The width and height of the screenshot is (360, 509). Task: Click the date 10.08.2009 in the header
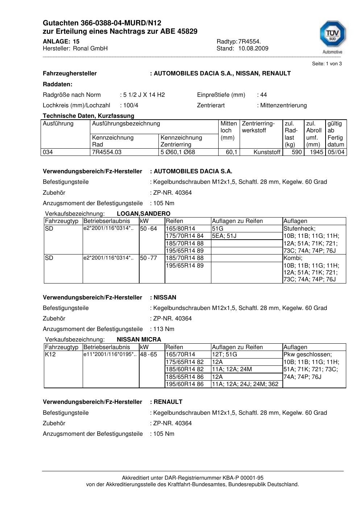coord(253,49)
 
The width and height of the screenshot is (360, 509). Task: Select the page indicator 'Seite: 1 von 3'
coord(327,64)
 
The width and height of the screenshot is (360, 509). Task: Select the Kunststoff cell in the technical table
coord(267,152)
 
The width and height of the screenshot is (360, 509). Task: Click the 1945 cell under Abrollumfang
coord(316,152)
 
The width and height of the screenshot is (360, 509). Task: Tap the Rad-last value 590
coord(297,152)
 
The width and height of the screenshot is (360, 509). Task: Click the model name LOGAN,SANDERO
coord(144,214)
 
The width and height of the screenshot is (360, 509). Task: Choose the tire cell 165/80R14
coord(181,229)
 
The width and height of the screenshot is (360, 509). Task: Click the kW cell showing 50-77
coord(148,258)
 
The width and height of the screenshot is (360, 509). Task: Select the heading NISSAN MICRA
coord(139,340)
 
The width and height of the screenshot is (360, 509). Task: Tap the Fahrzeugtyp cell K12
coord(50,355)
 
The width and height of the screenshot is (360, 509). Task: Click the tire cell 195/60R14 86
coord(185,384)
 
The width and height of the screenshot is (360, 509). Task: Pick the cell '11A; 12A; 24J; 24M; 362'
coord(245,384)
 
